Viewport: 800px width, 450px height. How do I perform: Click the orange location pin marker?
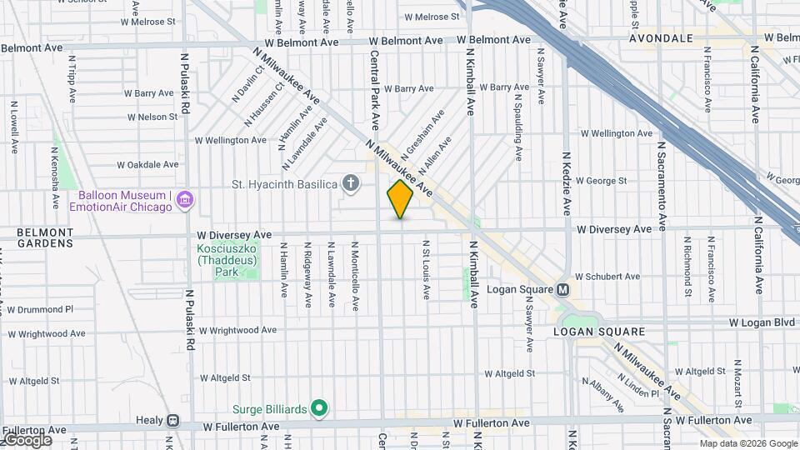click(400, 199)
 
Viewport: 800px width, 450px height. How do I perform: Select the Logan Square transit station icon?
click(562, 290)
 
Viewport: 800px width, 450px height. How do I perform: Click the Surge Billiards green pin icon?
click(317, 408)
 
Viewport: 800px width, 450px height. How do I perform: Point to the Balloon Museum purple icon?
click(184, 200)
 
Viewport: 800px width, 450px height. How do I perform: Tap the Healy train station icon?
click(172, 422)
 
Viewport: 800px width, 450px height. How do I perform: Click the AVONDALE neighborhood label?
click(661, 38)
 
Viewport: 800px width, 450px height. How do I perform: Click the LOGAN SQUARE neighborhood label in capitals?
click(599, 332)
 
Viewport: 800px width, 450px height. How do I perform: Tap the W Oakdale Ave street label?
click(147, 164)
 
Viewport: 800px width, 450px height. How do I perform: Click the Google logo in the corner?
click(27, 439)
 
